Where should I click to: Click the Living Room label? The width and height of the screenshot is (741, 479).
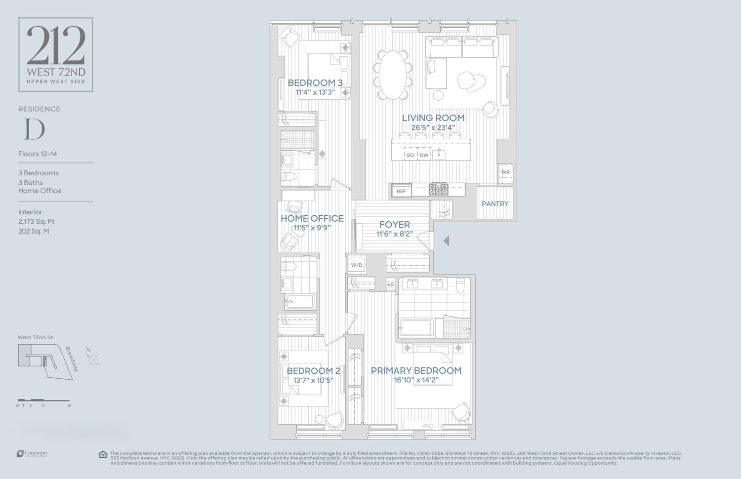(433, 118)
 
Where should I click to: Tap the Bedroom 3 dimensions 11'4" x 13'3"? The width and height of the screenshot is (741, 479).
(315, 92)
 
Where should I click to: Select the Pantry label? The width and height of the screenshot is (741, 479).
(495, 203)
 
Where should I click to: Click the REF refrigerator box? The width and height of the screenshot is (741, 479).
(401, 191)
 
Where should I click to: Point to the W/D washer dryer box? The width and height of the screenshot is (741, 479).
(356, 265)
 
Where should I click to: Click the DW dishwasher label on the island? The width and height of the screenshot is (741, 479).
(424, 155)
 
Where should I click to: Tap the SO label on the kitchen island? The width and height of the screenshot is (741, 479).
(410, 155)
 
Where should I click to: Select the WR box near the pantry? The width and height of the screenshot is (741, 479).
(505, 172)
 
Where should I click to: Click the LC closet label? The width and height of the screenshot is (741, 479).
(391, 284)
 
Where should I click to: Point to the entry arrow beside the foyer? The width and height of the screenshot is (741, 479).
(446, 241)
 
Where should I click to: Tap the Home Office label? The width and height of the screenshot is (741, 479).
(312, 218)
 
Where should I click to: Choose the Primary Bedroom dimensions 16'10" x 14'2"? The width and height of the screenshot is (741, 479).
(416, 380)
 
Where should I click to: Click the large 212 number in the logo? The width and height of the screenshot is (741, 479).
(56, 46)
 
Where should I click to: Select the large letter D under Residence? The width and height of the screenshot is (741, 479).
(35, 129)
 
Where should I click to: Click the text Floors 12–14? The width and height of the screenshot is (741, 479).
(38, 154)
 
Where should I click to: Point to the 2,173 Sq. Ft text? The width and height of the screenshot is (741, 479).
(37, 222)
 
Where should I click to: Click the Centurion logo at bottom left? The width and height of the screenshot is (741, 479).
(32, 453)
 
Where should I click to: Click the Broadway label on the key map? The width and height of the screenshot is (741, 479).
(72, 359)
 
